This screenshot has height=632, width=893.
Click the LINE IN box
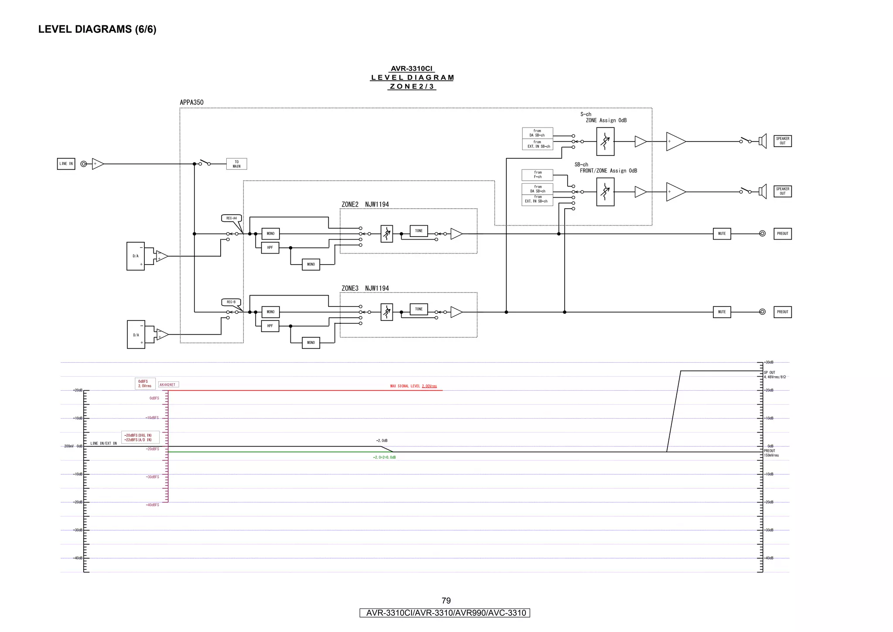tap(66, 164)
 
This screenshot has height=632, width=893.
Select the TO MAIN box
tap(236, 164)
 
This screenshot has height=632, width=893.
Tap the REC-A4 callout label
tap(231, 218)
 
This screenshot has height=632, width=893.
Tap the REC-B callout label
tap(231, 302)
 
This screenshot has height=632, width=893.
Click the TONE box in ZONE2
tap(419, 231)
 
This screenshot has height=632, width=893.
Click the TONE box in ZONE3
tap(419, 309)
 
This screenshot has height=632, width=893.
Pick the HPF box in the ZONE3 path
tap(270, 326)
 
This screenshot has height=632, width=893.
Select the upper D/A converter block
tap(136, 256)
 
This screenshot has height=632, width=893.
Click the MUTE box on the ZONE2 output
tap(722, 234)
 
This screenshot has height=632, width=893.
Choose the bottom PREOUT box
tap(782, 312)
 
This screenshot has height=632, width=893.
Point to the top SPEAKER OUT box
tap(782, 141)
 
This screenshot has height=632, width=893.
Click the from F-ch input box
tap(537, 175)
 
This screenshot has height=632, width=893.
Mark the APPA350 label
tap(191, 103)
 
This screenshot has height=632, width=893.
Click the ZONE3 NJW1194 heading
tap(365, 289)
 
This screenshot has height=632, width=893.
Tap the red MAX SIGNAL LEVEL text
tap(413, 386)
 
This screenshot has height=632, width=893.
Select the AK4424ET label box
tap(168, 385)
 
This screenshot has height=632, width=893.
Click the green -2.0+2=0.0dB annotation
tap(384, 457)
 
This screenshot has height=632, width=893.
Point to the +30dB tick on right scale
tap(769, 362)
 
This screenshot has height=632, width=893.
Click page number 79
tap(446, 601)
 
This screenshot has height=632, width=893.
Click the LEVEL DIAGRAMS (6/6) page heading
tap(97, 29)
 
